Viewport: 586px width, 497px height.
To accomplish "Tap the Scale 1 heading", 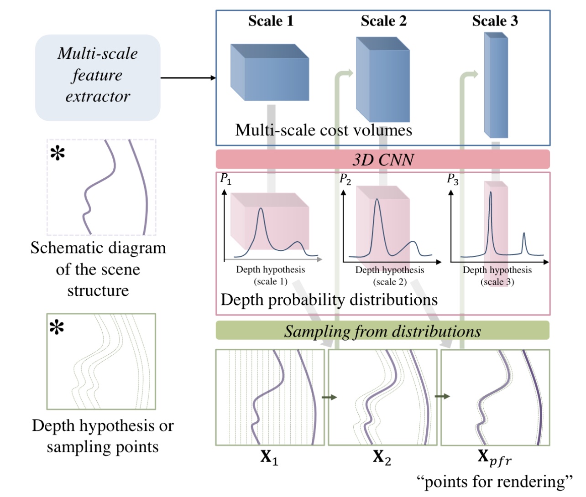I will [271, 21].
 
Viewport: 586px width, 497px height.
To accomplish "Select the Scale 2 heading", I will [383, 21].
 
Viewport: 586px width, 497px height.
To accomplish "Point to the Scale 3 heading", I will [495, 21].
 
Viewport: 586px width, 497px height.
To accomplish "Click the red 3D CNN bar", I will [383, 160].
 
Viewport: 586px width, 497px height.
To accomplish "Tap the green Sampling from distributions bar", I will [382, 331].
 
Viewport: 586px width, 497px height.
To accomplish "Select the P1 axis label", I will [225, 179].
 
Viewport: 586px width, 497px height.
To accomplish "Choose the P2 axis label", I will [345, 179].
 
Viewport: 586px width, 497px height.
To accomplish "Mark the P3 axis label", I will [452, 179].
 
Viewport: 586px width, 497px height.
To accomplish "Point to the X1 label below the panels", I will [269, 457].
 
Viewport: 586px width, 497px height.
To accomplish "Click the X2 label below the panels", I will [382, 457].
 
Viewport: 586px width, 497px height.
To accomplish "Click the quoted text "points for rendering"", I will [494, 481].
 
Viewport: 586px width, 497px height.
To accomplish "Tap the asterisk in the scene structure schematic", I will [58, 154].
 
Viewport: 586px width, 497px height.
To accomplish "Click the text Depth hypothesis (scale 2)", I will [390, 276].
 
